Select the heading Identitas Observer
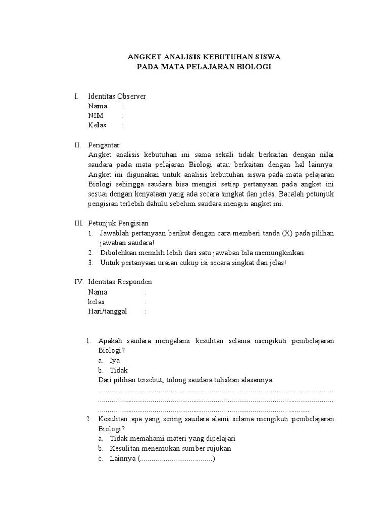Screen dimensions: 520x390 click(x=117, y=96)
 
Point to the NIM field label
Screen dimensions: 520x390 click(x=95, y=116)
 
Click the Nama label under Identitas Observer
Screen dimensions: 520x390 click(x=97, y=106)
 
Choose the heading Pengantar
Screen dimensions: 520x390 click(x=104, y=145)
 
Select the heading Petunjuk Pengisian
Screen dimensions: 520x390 click(x=118, y=223)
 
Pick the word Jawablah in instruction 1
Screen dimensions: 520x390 click(x=114, y=233)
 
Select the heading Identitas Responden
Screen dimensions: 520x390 click(x=120, y=282)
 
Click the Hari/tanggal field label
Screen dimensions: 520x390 click(x=108, y=311)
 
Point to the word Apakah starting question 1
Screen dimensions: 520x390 click(x=109, y=341)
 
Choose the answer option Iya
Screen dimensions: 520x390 click(x=115, y=360)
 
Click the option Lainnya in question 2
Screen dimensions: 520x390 click(x=122, y=459)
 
